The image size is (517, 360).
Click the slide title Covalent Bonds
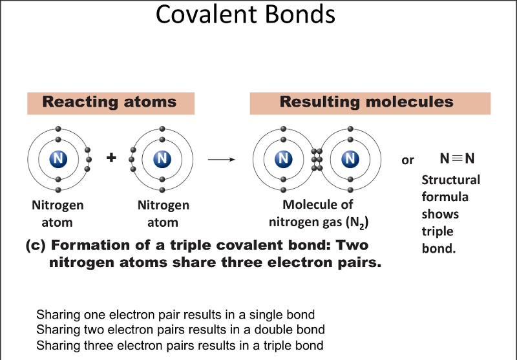point(246,14)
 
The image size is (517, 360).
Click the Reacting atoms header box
point(109,103)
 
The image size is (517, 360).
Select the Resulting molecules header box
point(366,103)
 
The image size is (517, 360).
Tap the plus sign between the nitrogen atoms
point(111,158)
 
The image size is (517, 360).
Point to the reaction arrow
point(222,159)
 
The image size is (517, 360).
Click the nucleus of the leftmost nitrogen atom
point(58,159)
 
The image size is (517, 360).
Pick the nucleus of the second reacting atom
point(163,159)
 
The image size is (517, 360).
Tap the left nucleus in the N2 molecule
point(283,159)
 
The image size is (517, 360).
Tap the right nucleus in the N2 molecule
point(350,159)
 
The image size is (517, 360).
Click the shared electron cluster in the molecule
point(317,159)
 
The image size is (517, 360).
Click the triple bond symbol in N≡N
point(457,159)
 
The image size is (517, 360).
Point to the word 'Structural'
point(450,180)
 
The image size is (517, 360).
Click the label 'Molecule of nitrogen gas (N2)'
point(319,214)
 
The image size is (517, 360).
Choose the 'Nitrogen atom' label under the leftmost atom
point(58,214)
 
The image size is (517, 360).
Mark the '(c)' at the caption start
point(35,246)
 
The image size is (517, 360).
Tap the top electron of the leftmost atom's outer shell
point(58,129)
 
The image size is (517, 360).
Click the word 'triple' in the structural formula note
point(438,231)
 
